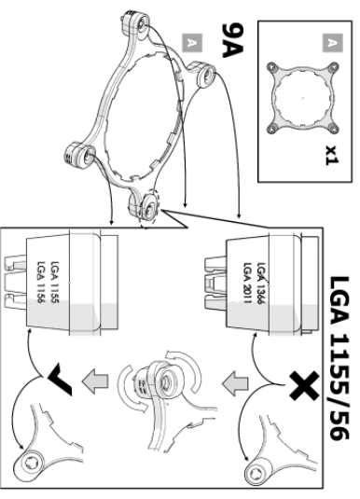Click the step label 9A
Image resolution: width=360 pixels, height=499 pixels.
coord(232,41)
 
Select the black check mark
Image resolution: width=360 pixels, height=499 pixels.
coord(61,379)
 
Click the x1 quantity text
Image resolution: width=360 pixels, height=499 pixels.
coord(332,156)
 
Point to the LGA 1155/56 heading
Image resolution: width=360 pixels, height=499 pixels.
coord(339,358)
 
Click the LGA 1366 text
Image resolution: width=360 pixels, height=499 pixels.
coord(261,284)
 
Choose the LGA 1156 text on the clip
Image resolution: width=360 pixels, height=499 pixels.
coord(42,283)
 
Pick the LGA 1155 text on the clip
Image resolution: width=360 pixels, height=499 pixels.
coord(55,283)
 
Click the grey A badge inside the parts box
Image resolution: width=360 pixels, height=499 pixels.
coord(333,43)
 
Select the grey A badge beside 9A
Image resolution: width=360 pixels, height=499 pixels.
coord(192,43)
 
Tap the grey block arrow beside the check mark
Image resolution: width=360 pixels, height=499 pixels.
coord(95,381)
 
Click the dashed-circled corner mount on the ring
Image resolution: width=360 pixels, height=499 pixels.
coord(147,207)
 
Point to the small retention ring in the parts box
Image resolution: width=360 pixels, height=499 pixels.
coord(302,98)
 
